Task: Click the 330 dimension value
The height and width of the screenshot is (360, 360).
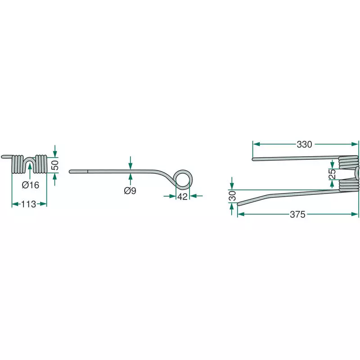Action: click(x=304, y=144)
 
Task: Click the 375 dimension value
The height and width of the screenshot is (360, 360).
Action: click(x=297, y=215)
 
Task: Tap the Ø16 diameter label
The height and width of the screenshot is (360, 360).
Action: click(x=31, y=185)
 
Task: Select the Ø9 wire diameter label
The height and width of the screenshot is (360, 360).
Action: click(x=130, y=190)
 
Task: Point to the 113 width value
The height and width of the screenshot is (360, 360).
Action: click(x=29, y=204)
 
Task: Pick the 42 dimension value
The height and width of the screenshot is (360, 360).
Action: click(x=183, y=197)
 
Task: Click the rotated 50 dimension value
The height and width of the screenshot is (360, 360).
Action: click(x=55, y=165)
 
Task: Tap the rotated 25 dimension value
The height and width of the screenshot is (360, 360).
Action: click(x=332, y=174)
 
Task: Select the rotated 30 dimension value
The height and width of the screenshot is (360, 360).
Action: click(x=232, y=196)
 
